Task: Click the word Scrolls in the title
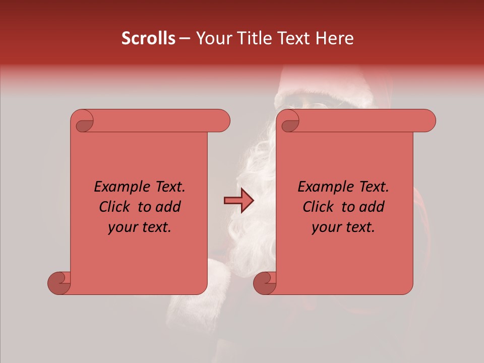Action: tap(149, 38)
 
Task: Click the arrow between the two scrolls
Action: tap(238, 201)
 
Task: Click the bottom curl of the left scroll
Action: tap(59, 283)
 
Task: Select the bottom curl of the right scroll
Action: tap(265, 283)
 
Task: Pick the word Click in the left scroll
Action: tap(114, 207)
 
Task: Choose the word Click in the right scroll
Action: tap(318, 207)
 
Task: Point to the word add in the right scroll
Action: tap(371, 207)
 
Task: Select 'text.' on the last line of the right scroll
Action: tap(360, 227)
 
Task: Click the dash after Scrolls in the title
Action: tap(185, 39)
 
